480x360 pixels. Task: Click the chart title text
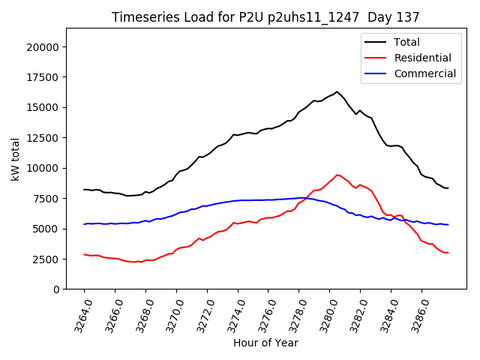(x=265, y=16)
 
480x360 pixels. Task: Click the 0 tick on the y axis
(x=56, y=289)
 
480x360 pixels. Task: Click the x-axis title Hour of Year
(x=265, y=343)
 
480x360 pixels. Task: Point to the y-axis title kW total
(x=15, y=159)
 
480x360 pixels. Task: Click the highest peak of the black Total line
(x=337, y=91)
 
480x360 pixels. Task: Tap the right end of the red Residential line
(x=448, y=253)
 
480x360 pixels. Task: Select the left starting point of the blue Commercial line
(x=84, y=224)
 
